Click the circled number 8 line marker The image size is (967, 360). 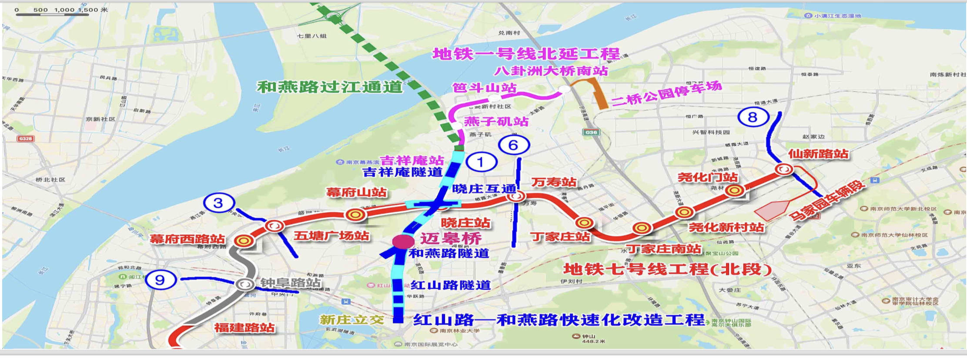pyautogui.click(x=753, y=117)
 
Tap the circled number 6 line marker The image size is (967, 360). pyautogui.click(x=513, y=145)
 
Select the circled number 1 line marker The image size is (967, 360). pyautogui.click(x=481, y=162)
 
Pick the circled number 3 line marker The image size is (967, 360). pyautogui.click(x=219, y=203)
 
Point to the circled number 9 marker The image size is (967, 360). pyautogui.click(x=161, y=280)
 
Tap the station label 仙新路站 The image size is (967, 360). pyautogui.click(x=818, y=154)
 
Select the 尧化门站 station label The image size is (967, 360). pyautogui.click(x=708, y=177)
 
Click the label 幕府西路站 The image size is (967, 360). pyautogui.click(x=187, y=239)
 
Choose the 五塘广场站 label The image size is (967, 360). pyautogui.click(x=331, y=236)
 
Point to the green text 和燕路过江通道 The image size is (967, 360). pyautogui.click(x=330, y=87)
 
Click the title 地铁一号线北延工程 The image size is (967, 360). pyautogui.click(x=526, y=54)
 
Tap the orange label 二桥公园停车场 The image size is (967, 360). pyautogui.click(x=666, y=93)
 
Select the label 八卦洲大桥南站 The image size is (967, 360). pyautogui.click(x=551, y=70)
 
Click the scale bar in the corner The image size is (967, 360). pyautogui.click(x=52, y=14)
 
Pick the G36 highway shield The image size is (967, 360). pyautogui.click(x=591, y=132)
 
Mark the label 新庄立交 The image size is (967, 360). pyautogui.click(x=352, y=320)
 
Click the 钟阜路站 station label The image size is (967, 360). pyautogui.click(x=291, y=283)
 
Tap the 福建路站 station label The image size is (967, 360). pyautogui.click(x=244, y=328)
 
